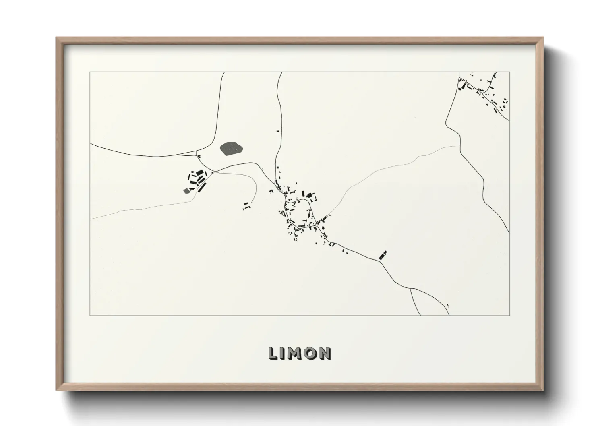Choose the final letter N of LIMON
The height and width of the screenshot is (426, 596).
[x=325, y=354]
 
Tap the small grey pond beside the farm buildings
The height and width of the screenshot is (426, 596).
[x=186, y=190]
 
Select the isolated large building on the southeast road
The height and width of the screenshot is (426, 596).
[x=383, y=255]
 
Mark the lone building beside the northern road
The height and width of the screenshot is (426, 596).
[x=277, y=130]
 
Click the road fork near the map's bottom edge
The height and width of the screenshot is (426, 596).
[x=410, y=288]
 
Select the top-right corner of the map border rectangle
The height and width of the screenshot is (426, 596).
[x=509, y=72]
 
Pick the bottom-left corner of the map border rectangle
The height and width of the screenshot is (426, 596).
[x=90, y=315]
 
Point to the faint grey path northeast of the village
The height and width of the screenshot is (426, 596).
[x=387, y=169]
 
